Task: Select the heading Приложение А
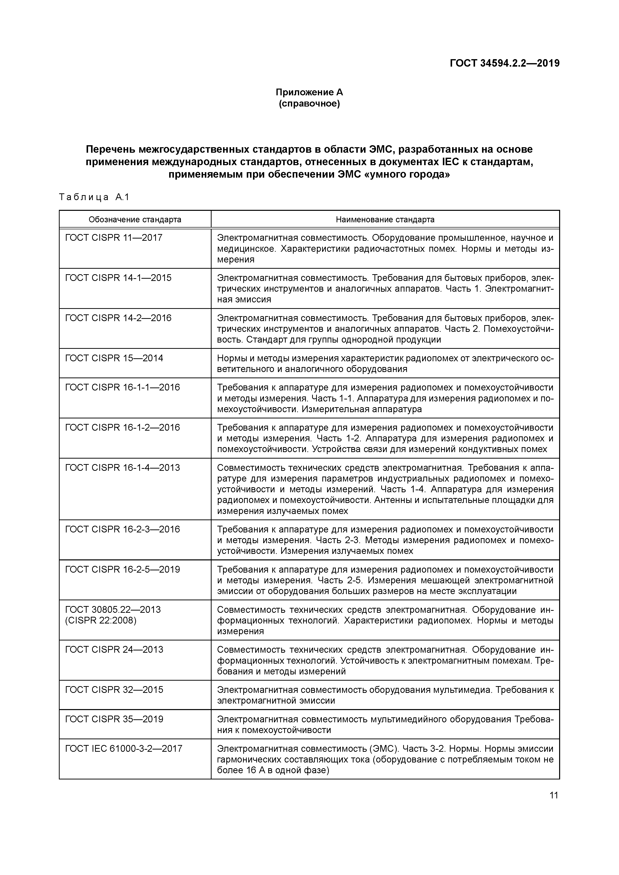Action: (309, 92)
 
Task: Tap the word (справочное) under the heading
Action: (309, 104)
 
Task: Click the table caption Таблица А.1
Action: (94, 197)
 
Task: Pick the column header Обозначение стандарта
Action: (135, 220)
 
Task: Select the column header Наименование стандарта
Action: (385, 220)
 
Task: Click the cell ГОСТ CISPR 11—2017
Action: (114, 238)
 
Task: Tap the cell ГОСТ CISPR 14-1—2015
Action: (118, 278)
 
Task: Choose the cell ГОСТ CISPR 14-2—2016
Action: (118, 318)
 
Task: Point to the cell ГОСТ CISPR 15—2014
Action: (114, 358)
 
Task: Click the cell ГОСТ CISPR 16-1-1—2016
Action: (122, 387)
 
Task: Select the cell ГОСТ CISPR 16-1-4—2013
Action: (122, 468)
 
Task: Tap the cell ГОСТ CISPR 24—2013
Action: (114, 650)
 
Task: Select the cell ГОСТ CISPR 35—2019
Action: (114, 719)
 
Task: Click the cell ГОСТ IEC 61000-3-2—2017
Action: (124, 749)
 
